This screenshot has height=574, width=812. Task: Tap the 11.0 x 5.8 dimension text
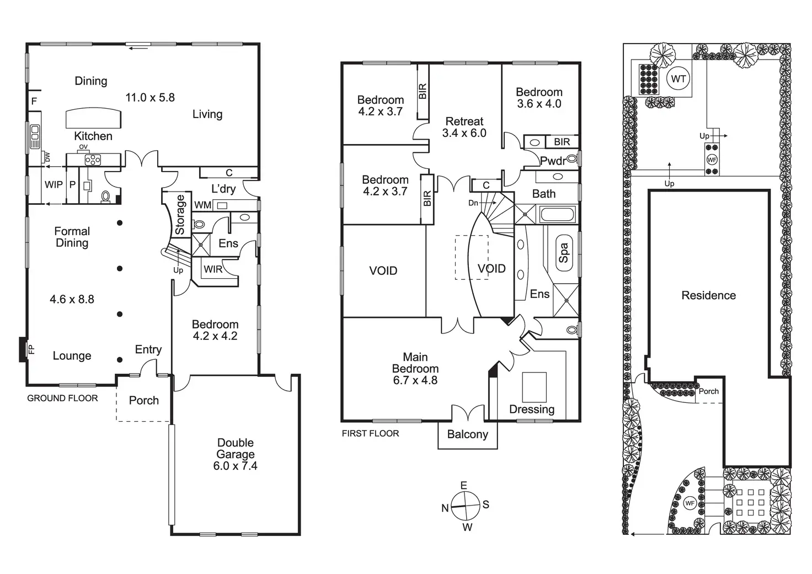point(150,98)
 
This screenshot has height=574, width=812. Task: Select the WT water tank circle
point(678,79)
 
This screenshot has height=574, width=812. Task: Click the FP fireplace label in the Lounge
point(31,349)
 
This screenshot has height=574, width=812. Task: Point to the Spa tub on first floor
point(563,253)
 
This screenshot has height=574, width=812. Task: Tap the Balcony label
point(467,434)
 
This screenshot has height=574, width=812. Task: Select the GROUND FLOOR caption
point(62,398)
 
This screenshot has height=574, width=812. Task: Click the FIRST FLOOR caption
point(370,433)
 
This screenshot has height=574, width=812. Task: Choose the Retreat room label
point(464,121)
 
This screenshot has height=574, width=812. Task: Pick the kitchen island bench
point(93,118)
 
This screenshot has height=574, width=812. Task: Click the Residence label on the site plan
point(708,295)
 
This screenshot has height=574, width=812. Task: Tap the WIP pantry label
point(54,185)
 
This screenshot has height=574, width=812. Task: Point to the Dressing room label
point(531,409)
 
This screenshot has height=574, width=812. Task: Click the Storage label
point(180,215)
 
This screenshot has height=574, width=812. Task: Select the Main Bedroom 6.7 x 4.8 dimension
point(415,380)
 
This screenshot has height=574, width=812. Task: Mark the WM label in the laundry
point(202,205)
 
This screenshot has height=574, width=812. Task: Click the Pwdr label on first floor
point(552,161)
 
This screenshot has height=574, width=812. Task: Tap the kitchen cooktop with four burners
point(92,160)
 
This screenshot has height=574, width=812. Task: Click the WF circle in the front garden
point(689,503)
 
